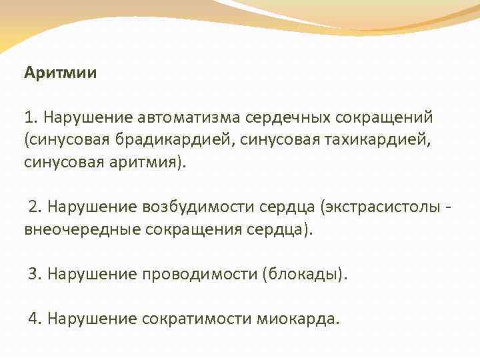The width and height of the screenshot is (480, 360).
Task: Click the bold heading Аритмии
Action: click(61, 72)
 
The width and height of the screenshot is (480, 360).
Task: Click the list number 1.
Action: click(29, 118)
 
